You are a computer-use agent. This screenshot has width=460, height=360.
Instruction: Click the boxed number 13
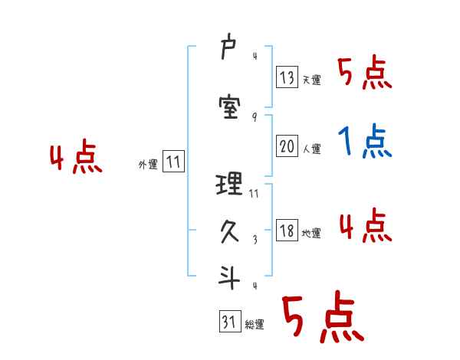pos(287,77)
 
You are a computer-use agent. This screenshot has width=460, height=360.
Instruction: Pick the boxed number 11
pos(173,162)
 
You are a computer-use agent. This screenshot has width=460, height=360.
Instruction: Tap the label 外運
pos(148,165)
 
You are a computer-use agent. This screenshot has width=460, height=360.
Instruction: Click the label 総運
pos(255,325)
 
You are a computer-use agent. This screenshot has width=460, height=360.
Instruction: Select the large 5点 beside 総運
pos(322,318)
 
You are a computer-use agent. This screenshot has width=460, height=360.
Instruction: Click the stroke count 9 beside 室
pos(254,117)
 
